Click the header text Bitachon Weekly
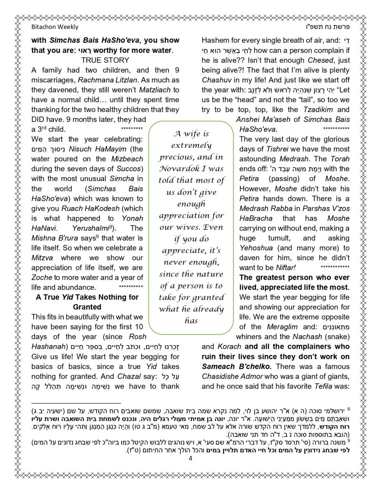pos(55,27)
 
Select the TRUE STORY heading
pos(105,60)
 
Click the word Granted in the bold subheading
pos(87,307)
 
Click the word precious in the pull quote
pos(175,157)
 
